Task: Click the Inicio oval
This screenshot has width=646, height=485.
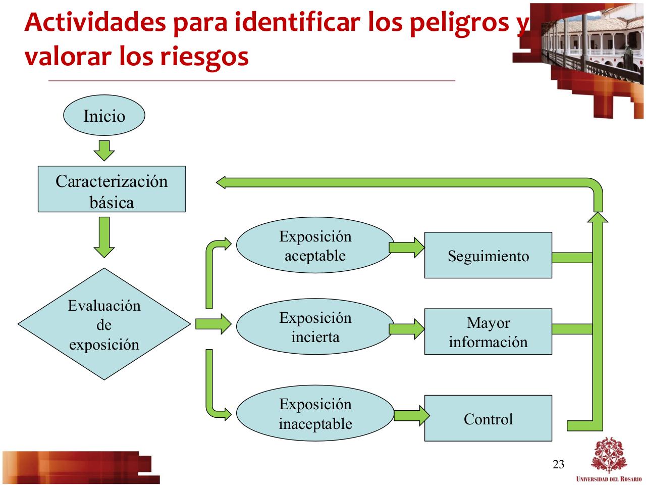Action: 104,116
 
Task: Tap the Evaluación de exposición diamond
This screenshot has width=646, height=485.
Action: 104,324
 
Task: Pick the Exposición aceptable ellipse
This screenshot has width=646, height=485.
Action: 315,246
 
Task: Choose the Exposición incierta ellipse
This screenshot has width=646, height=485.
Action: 315,327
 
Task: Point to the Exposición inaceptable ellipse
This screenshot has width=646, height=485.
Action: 315,413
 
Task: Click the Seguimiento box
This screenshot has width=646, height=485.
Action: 488,255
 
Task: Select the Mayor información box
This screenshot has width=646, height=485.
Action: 488,331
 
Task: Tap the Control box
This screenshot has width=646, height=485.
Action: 488,418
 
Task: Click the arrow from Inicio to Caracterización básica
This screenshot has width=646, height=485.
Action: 104,150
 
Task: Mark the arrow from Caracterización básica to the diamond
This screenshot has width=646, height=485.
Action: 104,236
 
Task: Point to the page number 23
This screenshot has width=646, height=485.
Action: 559,464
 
